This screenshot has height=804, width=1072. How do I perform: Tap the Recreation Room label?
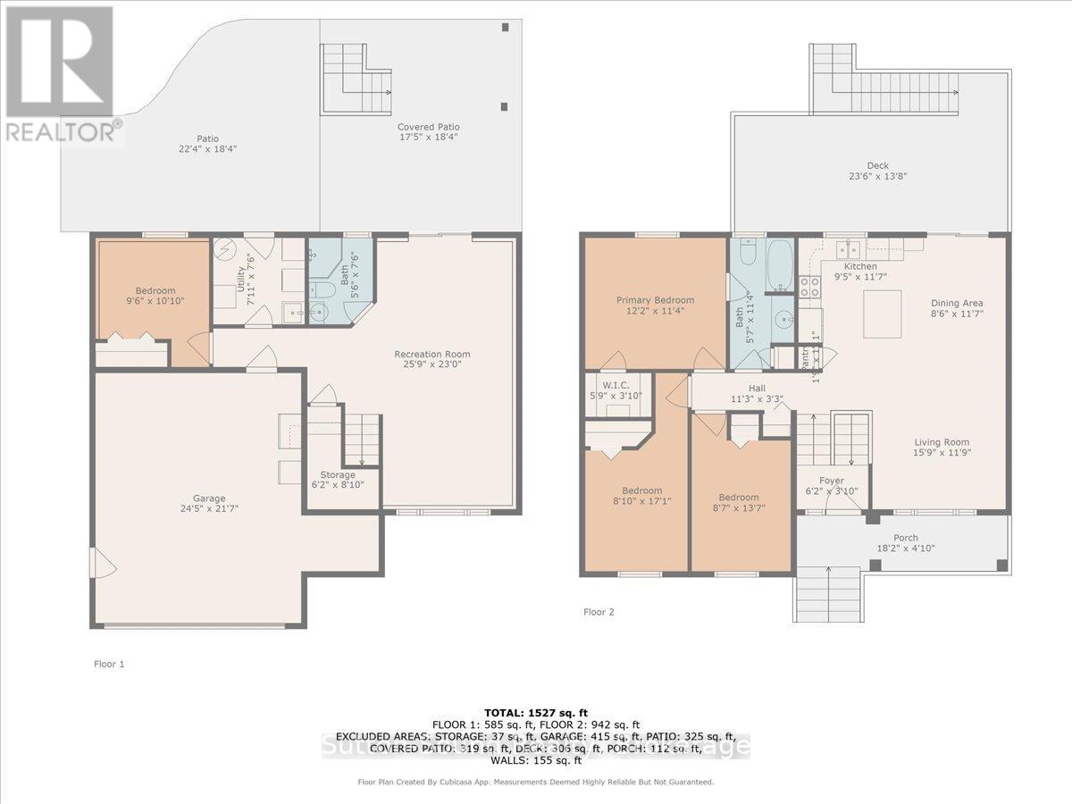[x=432, y=355]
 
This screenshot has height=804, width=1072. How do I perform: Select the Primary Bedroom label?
[x=655, y=300]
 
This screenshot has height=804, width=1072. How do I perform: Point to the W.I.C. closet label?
[x=611, y=383]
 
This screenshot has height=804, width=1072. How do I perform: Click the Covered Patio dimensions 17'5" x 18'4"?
[x=429, y=138]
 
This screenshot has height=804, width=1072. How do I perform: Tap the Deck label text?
[x=877, y=165]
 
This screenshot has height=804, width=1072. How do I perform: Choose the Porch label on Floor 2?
[x=906, y=538]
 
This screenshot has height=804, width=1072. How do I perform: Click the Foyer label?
[x=831, y=481]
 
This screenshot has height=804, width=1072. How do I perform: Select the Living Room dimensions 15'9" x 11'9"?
[x=942, y=453]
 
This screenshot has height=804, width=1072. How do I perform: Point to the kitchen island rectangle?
[x=882, y=314]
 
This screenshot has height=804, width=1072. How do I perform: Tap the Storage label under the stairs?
[x=338, y=474]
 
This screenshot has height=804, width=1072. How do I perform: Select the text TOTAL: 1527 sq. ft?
[x=535, y=711]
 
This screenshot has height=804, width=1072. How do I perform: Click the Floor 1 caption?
[x=110, y=664]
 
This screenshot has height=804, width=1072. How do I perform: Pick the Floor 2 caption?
[x=599, y=612]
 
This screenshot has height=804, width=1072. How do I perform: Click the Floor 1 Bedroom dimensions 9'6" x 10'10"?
[x=155, y=302]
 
